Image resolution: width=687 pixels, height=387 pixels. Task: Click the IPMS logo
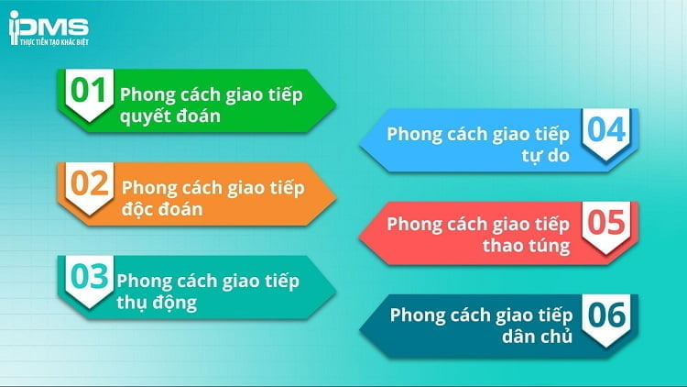coord(48,27)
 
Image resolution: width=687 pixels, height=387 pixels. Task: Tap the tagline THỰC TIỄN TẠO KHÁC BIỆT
coord(48,42)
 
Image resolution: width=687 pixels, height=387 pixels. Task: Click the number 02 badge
coord(93,186)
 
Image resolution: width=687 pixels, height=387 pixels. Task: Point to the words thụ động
coord(157,301)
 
